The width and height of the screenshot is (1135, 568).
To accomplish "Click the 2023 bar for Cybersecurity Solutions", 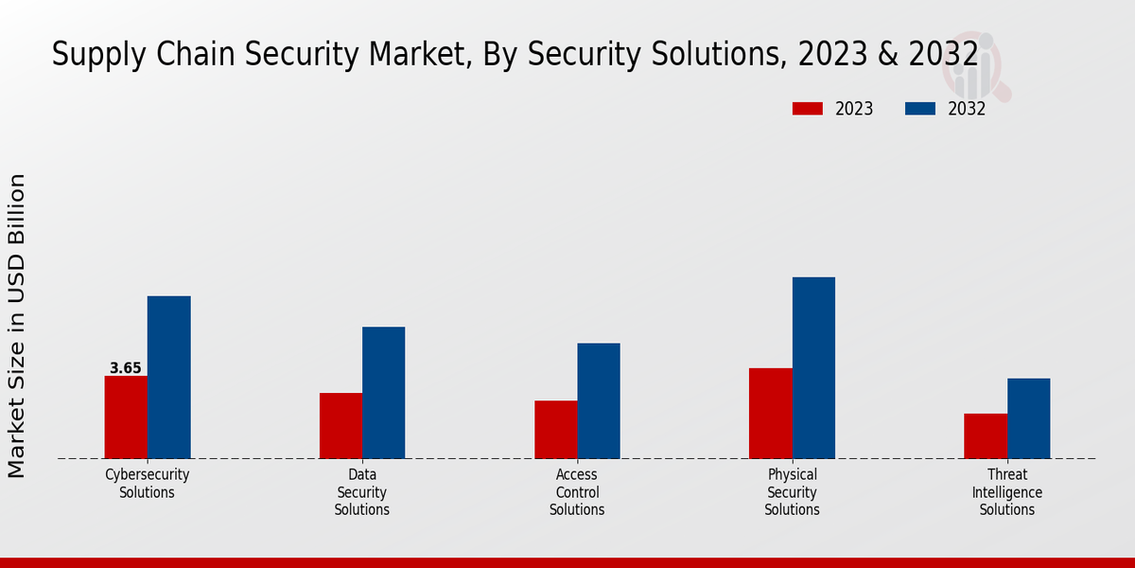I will coord(126,417).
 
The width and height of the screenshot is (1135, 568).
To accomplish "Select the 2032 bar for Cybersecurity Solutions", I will coord(168,377).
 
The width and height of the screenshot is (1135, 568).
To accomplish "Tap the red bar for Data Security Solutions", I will coord(340,425).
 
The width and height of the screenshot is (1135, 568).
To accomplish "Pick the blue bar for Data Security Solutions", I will coord(383,392).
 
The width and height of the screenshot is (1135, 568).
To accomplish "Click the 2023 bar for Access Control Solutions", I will coord(555,429).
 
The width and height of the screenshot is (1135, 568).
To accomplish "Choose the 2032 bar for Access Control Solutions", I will coord(599,400).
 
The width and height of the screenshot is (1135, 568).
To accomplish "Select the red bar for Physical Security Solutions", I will coord(770,413).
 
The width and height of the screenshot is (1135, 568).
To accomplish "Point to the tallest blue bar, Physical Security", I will coord(813,367).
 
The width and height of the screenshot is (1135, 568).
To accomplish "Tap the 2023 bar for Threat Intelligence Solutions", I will coord(986,435).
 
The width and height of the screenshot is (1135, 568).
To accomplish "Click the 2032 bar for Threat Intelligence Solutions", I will coord(1028,417).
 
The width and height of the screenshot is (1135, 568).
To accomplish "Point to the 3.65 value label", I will coord(125,368).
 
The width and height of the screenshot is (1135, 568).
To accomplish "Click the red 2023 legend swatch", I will coord(807,109).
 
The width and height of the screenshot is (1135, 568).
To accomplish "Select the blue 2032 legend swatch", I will coord(919,109).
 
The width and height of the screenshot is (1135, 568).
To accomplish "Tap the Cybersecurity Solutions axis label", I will coord(147,484).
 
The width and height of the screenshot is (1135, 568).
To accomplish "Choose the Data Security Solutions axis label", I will coord(361,492).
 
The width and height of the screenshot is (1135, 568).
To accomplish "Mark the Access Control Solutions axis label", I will coord(577,492).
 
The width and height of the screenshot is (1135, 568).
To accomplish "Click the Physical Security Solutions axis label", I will coord(792,492).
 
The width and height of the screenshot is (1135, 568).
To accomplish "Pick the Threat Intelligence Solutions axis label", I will coord(1006,492).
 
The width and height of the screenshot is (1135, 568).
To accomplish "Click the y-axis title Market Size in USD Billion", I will coord(17,326).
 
